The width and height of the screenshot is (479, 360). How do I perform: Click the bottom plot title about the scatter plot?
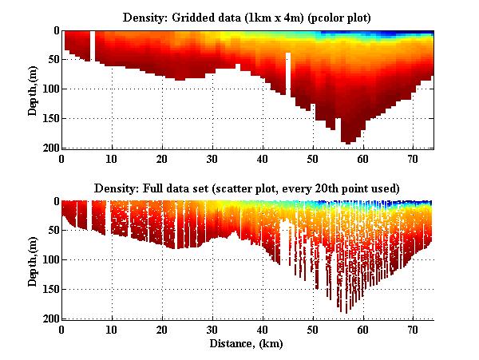[247, 188]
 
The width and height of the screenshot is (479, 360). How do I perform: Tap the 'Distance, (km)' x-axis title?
[247, 344]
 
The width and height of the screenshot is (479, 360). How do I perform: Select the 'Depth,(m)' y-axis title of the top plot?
[33, 89]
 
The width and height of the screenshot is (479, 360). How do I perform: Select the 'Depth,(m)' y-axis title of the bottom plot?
[33, 260]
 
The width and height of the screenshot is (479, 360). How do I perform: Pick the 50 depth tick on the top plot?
[52, 60]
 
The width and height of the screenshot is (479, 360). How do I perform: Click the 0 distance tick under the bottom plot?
[61, 328]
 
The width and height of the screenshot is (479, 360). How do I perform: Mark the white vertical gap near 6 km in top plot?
[93, 45]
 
